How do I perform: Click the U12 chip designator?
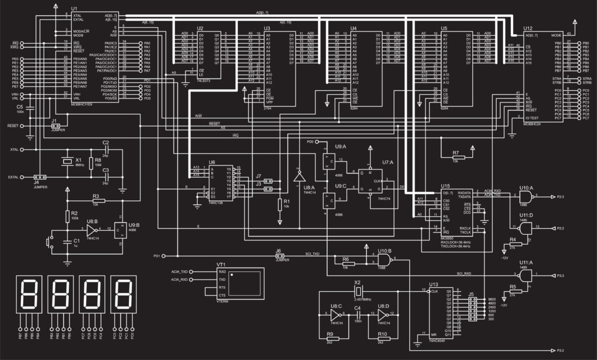528,28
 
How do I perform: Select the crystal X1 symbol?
64,162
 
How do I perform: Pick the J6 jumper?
279,255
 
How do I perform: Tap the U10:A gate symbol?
526,197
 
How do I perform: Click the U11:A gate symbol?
526,274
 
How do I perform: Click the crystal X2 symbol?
358,290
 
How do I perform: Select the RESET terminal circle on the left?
23,125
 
